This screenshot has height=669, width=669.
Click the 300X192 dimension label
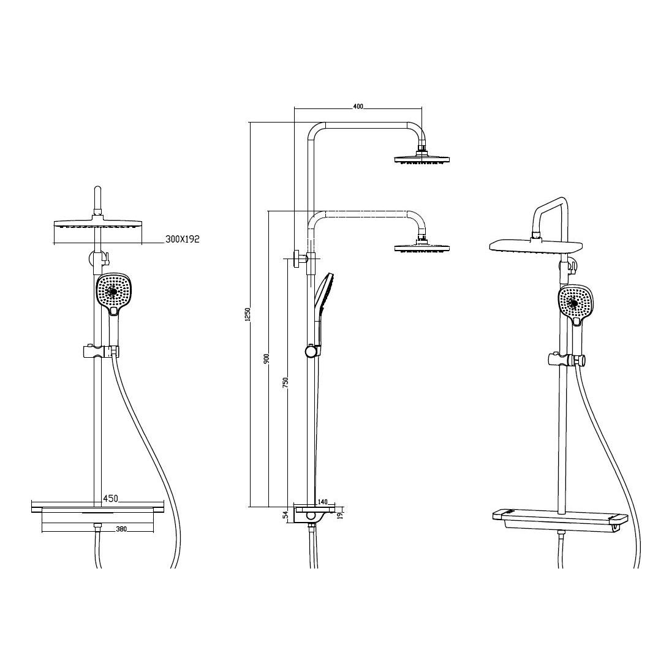(x=182, y=239)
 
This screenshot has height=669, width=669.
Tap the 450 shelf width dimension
(x=110, y=498)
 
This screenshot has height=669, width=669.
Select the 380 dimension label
(x=121, y=529)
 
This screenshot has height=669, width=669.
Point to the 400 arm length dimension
(x=358, y=106)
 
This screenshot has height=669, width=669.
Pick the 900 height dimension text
(x=266, y=359)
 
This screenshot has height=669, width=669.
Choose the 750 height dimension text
(x=286, y=382)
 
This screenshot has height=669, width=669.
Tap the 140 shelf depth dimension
(x=322, y=502)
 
